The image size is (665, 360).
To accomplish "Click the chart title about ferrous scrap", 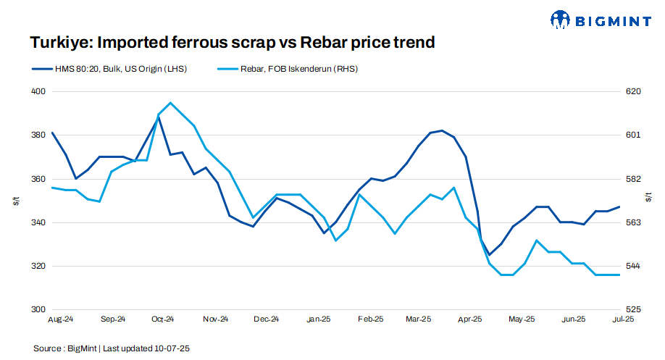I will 232,43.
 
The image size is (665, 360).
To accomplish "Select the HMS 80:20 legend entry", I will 117,69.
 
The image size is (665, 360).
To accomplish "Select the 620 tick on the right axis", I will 632,92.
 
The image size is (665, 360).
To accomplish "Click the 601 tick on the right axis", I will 632,135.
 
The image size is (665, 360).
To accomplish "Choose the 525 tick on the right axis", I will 632,309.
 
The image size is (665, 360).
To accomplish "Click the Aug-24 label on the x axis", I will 61,319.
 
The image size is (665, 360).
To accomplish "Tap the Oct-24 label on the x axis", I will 163,319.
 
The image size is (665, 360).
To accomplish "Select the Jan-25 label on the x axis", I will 319,319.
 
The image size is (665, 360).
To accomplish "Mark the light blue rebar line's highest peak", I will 170,103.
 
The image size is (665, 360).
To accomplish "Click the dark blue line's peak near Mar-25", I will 442,130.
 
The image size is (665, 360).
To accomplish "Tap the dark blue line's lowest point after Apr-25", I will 489,254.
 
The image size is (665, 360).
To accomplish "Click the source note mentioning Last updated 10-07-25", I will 112,348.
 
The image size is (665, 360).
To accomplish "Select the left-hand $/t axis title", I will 16,201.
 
